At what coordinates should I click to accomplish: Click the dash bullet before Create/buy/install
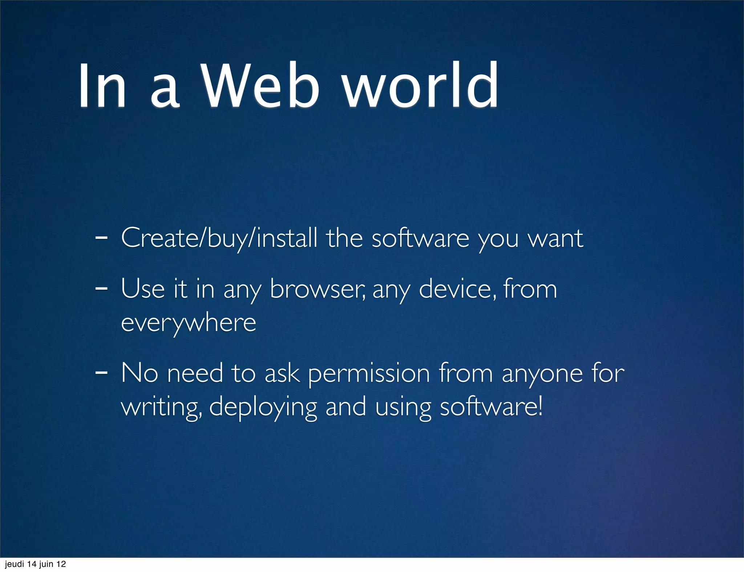101,238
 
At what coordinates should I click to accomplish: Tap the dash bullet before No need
101,373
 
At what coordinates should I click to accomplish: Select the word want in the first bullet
555,238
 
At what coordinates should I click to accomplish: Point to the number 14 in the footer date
32,564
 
